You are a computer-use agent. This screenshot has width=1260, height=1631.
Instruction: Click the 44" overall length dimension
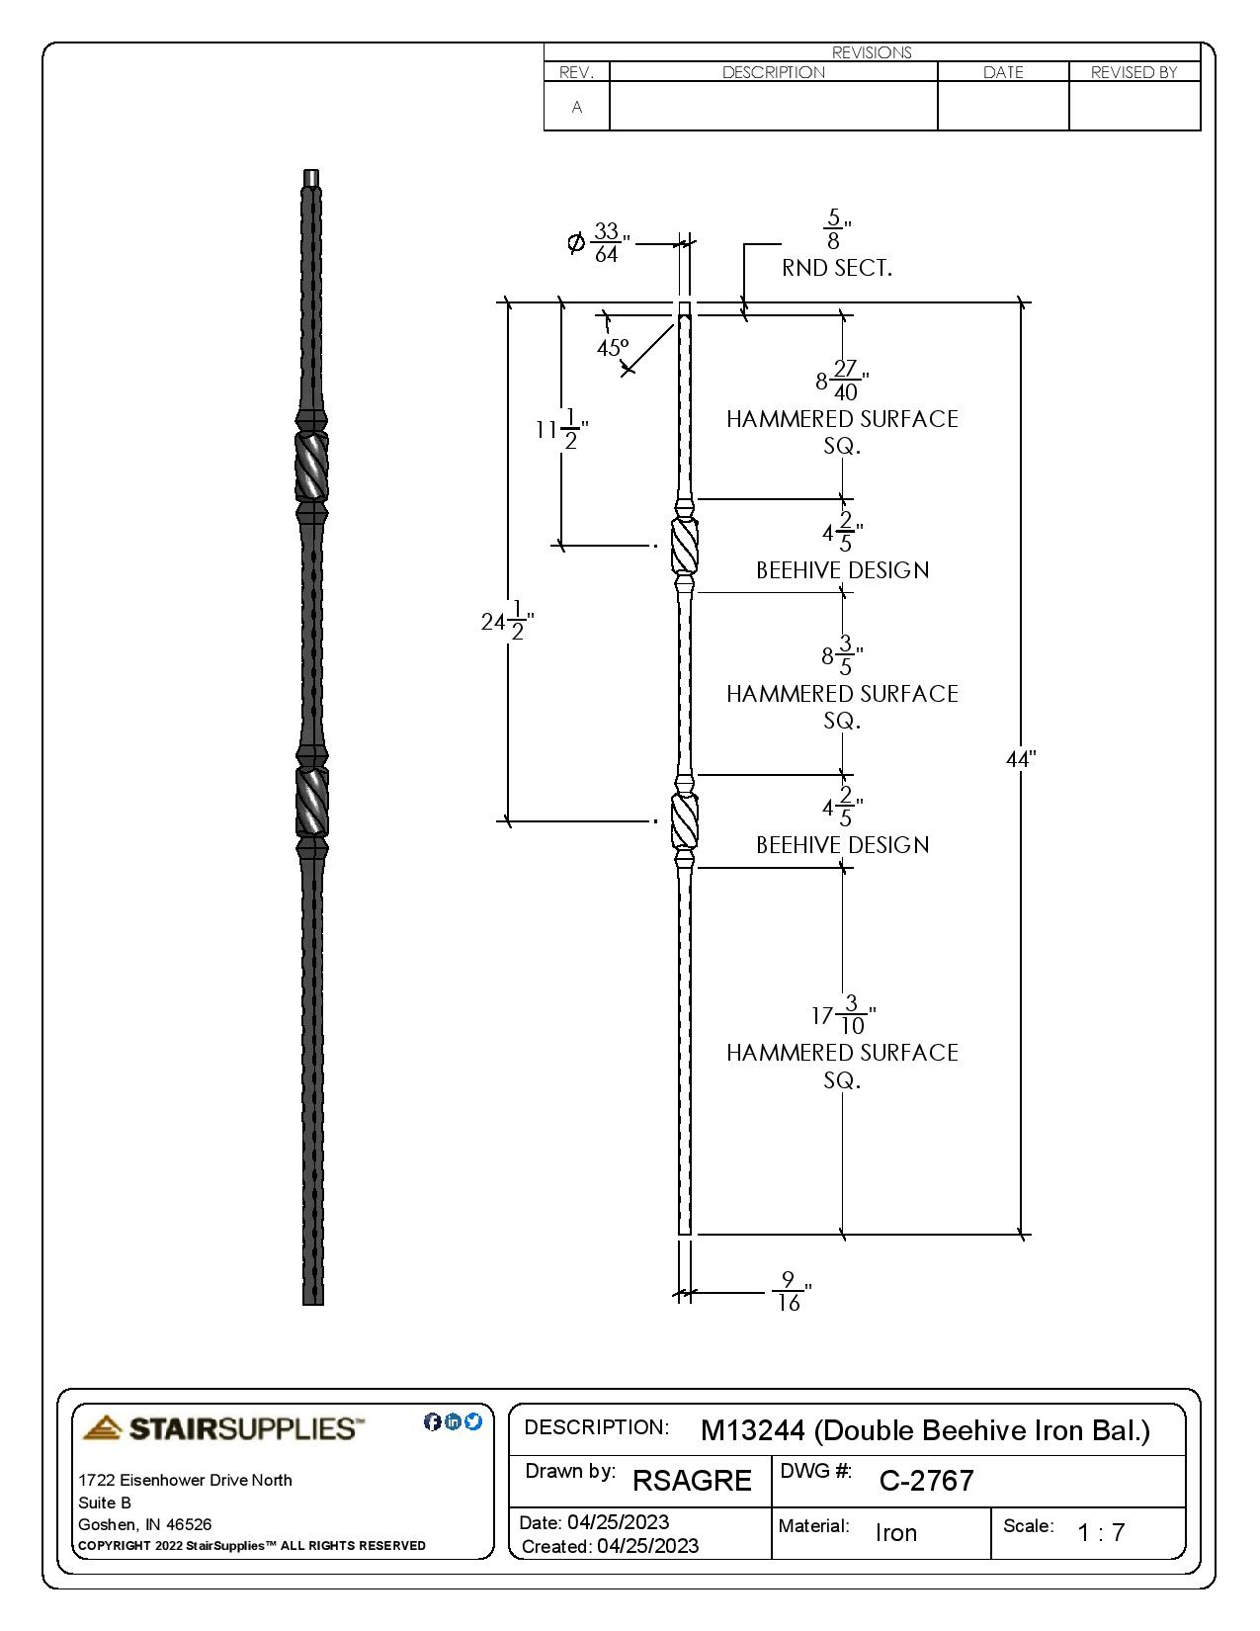click(1020, 759)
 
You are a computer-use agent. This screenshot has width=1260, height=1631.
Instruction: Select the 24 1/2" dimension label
click(507, 622)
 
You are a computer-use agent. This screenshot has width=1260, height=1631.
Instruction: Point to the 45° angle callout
click(613, 348)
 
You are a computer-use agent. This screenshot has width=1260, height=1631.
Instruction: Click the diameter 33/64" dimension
click(599, 243)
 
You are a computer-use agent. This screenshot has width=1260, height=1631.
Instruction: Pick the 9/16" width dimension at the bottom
click(790, 1291)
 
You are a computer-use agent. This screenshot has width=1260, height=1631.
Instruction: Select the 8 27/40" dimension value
click(842, 381)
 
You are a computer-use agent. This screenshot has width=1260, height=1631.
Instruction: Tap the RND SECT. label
click(836, 268)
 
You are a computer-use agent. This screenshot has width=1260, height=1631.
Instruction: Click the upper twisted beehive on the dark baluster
click(311, 467)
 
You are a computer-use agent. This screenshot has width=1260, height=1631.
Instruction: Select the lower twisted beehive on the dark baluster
click(312, 802)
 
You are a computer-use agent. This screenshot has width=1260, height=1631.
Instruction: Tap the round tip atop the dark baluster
click(311, 178)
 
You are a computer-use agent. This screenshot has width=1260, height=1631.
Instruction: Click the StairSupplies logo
click(223, 1428)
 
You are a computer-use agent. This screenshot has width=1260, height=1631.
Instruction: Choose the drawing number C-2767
click(926, 1481)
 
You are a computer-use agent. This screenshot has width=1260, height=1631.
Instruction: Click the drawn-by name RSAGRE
click(692, 1481)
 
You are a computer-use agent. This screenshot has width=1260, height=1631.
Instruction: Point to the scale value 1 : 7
click(1101, 1532)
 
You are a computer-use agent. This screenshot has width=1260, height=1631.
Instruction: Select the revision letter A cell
click(577, 107)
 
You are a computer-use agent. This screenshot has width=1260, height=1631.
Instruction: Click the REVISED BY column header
click(1134, 72)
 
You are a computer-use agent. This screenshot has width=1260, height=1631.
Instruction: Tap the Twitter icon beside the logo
click(473, 1421)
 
